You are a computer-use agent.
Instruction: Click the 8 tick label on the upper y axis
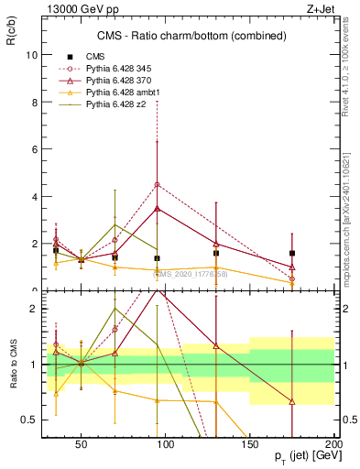33,103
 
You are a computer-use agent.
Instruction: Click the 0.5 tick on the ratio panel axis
28,420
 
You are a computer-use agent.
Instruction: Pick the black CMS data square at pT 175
291,253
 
